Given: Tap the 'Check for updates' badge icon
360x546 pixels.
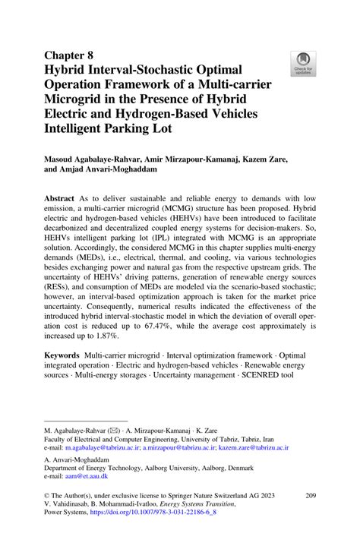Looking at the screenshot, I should click(303, 64).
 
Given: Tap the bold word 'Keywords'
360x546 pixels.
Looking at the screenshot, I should click(62, 355).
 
